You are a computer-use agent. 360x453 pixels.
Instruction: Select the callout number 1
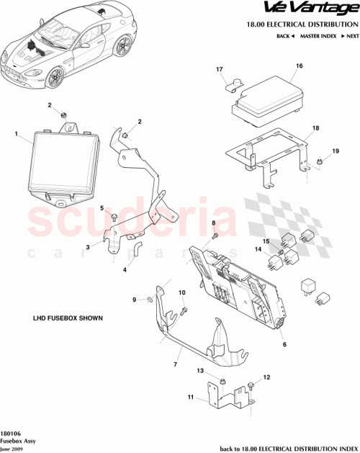16,133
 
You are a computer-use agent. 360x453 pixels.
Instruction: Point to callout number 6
284,345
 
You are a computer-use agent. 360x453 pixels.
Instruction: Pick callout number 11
191,397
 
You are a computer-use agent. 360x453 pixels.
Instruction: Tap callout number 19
335,151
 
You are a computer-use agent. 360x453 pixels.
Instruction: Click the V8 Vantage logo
312,9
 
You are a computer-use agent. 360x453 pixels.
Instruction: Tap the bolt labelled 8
215,236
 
